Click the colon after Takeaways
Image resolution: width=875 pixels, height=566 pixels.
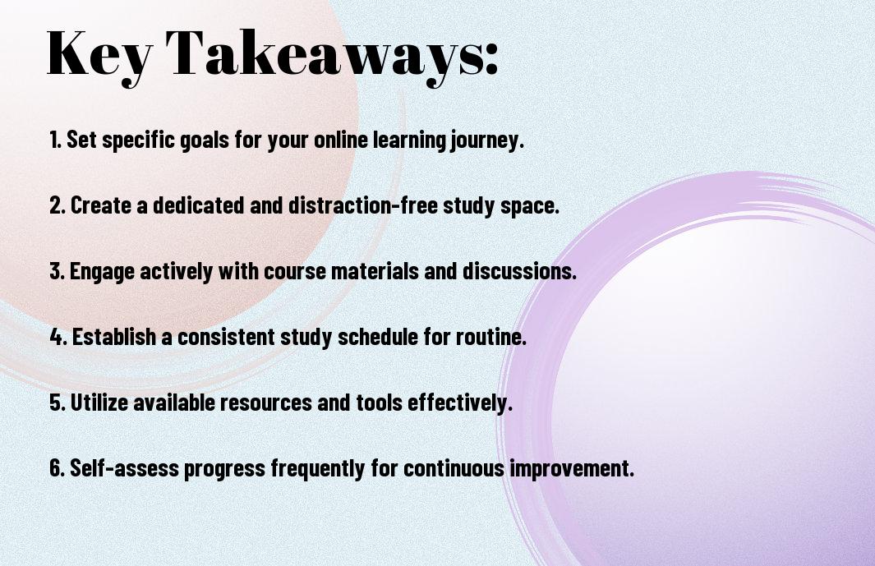tap(491, 58)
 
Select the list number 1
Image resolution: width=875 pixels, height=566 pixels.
tap(55, 140)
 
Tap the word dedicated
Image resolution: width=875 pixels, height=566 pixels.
tap(199, 205)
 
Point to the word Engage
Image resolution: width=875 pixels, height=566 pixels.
tap(102, 272)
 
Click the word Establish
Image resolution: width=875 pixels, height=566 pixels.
tap(114, 337)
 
